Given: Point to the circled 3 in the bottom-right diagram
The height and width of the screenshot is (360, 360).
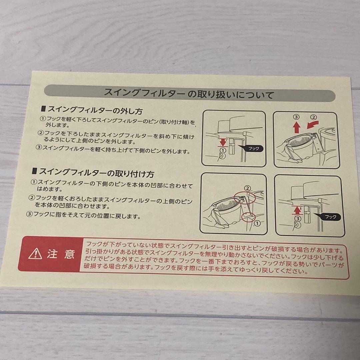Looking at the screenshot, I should click(297, 219).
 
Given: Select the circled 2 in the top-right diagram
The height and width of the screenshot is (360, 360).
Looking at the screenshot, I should click(313, 117).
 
